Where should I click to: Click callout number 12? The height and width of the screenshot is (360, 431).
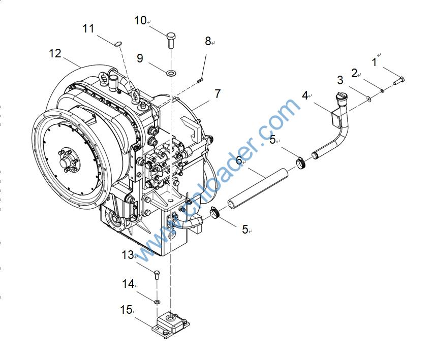click(x=55, y=53)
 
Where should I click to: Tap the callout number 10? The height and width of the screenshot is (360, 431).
click(x=140, y=20)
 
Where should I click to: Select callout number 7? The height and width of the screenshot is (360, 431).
click(x=218, y=94)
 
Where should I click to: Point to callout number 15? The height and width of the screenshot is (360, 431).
click(x=126, y=309)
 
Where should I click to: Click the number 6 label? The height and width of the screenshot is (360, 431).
click(x=239, y=160)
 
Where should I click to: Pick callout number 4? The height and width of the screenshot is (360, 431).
click(x=305, y=95)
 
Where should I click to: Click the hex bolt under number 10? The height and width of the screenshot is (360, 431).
click(x=171, y=39)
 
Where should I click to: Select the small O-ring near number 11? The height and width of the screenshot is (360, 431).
click(x=118, y=44)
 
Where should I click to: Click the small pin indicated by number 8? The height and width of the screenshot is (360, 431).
click(x=201, y=79)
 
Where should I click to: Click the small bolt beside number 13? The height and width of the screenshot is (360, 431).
click(x=157, y=275)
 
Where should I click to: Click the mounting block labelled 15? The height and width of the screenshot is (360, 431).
click(x=171, y=324)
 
